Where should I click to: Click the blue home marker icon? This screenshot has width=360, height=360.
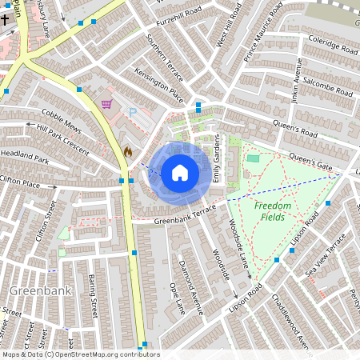pyautogui.click(x=180, y=172)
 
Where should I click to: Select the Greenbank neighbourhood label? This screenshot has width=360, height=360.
pyautogui.click(x=33, y=290)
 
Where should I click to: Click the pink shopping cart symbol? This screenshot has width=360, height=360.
pyautogui.click(x=106, y=104)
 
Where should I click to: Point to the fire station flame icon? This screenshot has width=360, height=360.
pyautogui.click(x=127, y=150)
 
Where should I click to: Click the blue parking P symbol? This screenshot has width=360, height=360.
pyautogui.click(x=133, y=114)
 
